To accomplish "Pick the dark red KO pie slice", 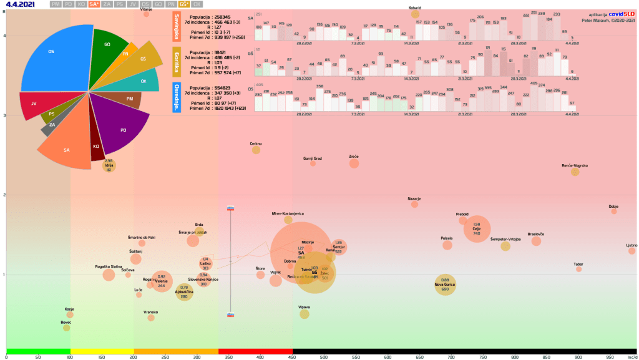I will click(97, 147).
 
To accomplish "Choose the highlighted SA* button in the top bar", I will click(94, 4).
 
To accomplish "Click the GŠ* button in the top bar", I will click(183, 4).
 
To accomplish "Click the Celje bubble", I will click(477, 229).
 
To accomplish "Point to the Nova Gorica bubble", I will click(445, 285).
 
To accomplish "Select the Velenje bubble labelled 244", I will click(162, 281).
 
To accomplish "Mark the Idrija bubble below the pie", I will click(109, 165).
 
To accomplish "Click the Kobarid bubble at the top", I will click(415, 14).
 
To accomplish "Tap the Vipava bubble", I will click(305, 314).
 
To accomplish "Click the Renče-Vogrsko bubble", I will click(575, 172).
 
